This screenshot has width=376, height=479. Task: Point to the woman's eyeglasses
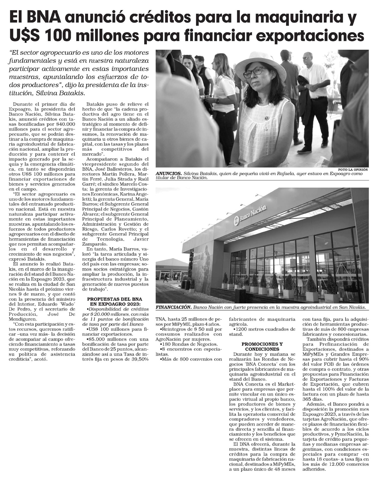pyautogui.click(x=254, y=72)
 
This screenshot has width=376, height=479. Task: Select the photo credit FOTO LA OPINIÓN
pyautogui.click(x=353, y=169)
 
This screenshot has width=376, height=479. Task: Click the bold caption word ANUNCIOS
pyautogui.click(x=169, y=174)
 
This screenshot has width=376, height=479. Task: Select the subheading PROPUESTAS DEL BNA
pyautogui.click(x=114, y=299)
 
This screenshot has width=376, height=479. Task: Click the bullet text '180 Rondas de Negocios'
pyautogui.click(x=189, y=344)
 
